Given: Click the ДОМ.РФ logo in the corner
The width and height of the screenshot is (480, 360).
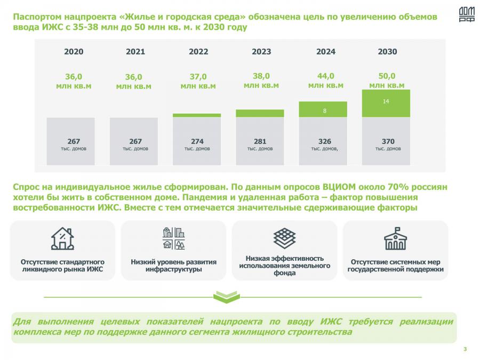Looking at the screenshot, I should (x=466, y=15).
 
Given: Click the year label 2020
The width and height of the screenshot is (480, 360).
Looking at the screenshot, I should (x=74, y=52).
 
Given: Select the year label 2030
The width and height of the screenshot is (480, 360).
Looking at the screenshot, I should (x=387, y=52).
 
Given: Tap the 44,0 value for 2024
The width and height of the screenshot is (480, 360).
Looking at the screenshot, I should (x=325, y=76).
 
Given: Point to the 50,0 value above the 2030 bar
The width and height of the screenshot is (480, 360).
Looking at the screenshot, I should (x=387, y=76).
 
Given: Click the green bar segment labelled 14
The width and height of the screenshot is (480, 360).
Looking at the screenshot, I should (x=386, y=103).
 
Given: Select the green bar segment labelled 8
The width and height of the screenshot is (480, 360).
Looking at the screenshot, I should (x=324, y=110).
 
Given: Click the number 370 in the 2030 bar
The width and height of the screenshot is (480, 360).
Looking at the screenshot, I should (x=388, y=141).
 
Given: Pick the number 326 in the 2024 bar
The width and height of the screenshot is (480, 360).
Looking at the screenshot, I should (x=324, y=141).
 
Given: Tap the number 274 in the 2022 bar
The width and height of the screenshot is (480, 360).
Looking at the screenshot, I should (x=197, y=141).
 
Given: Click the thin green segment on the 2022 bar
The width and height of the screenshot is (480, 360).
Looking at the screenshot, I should (x=197, y=115).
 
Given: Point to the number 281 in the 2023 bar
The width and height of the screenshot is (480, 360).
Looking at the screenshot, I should (x=260, y=141).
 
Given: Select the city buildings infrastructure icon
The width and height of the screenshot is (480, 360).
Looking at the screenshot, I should (x=173, y=238).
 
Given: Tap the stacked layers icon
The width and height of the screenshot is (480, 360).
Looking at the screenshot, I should (x=284, y=237).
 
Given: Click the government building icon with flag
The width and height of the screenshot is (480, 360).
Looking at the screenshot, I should (x=395, y=238).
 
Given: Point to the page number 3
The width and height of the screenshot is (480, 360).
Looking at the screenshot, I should (x=465, y=349).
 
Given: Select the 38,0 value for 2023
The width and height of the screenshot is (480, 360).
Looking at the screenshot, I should (x=261, y=76).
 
